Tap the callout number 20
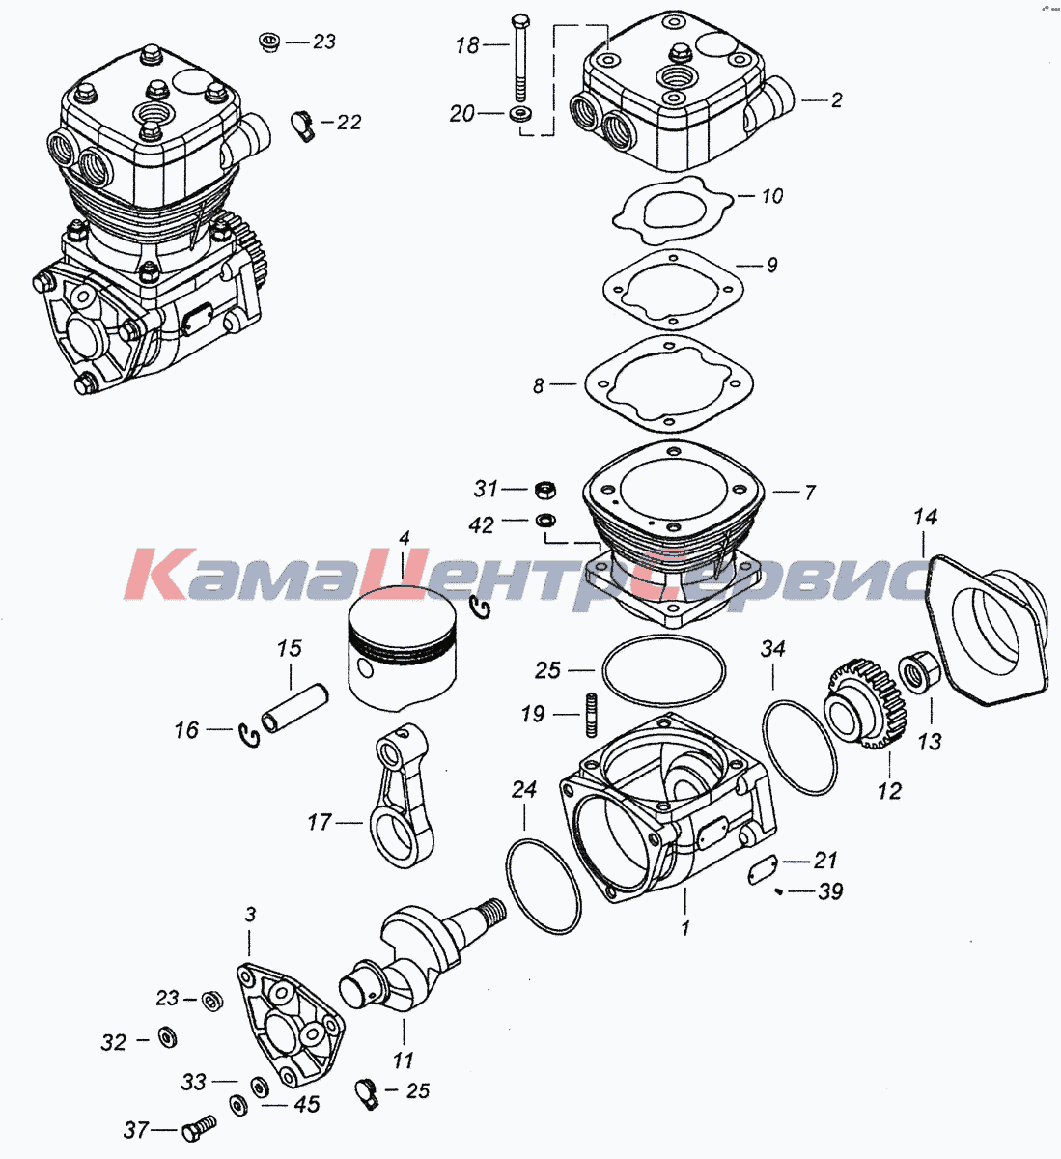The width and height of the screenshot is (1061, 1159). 462,114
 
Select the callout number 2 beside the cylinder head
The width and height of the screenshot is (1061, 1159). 836,99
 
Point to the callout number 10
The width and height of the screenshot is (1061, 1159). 772,196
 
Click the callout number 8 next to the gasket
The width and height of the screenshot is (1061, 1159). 539,386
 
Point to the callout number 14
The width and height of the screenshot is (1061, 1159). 925,518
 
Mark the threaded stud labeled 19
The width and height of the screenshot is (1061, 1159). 588,715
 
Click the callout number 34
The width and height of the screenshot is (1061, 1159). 773,648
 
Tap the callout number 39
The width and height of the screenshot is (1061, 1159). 830,891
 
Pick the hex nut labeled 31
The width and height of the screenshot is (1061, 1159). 544,488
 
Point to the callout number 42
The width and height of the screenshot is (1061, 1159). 481,525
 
